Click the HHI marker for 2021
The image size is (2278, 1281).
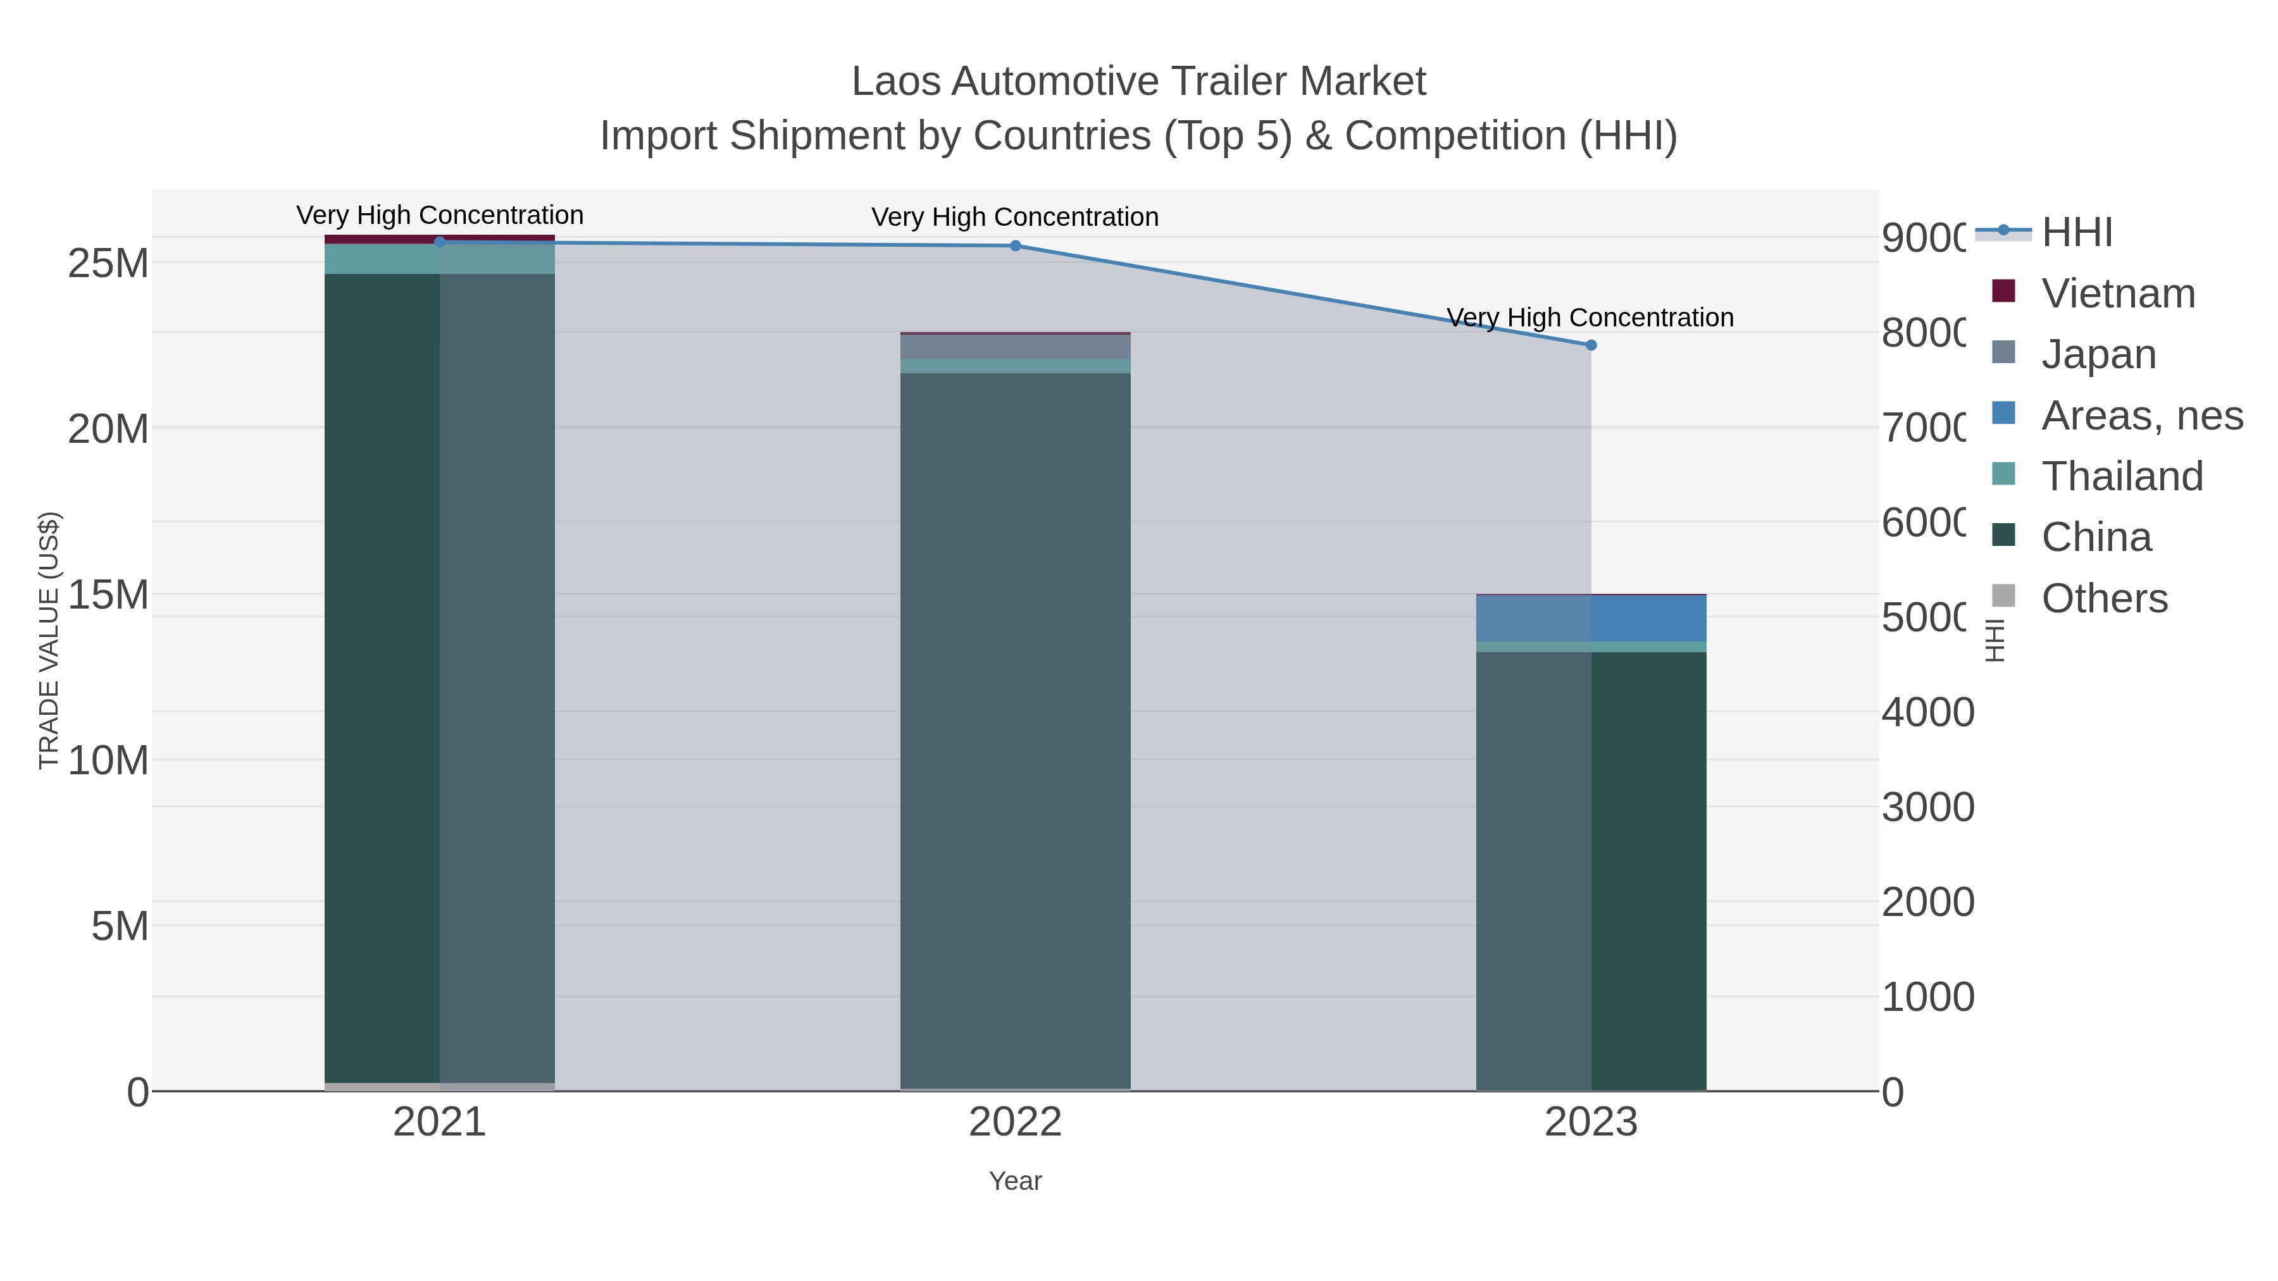440,242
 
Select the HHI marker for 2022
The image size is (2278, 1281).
1015,246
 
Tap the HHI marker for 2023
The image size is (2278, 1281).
1591,345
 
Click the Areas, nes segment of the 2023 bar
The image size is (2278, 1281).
1591,618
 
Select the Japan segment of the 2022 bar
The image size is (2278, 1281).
1015,347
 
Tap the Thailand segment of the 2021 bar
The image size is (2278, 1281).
440,259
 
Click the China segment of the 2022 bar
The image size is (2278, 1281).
1015,725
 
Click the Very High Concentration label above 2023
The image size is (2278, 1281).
1590,318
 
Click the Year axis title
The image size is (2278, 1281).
1015,1181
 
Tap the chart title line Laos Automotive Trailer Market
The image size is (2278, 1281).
1138,82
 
